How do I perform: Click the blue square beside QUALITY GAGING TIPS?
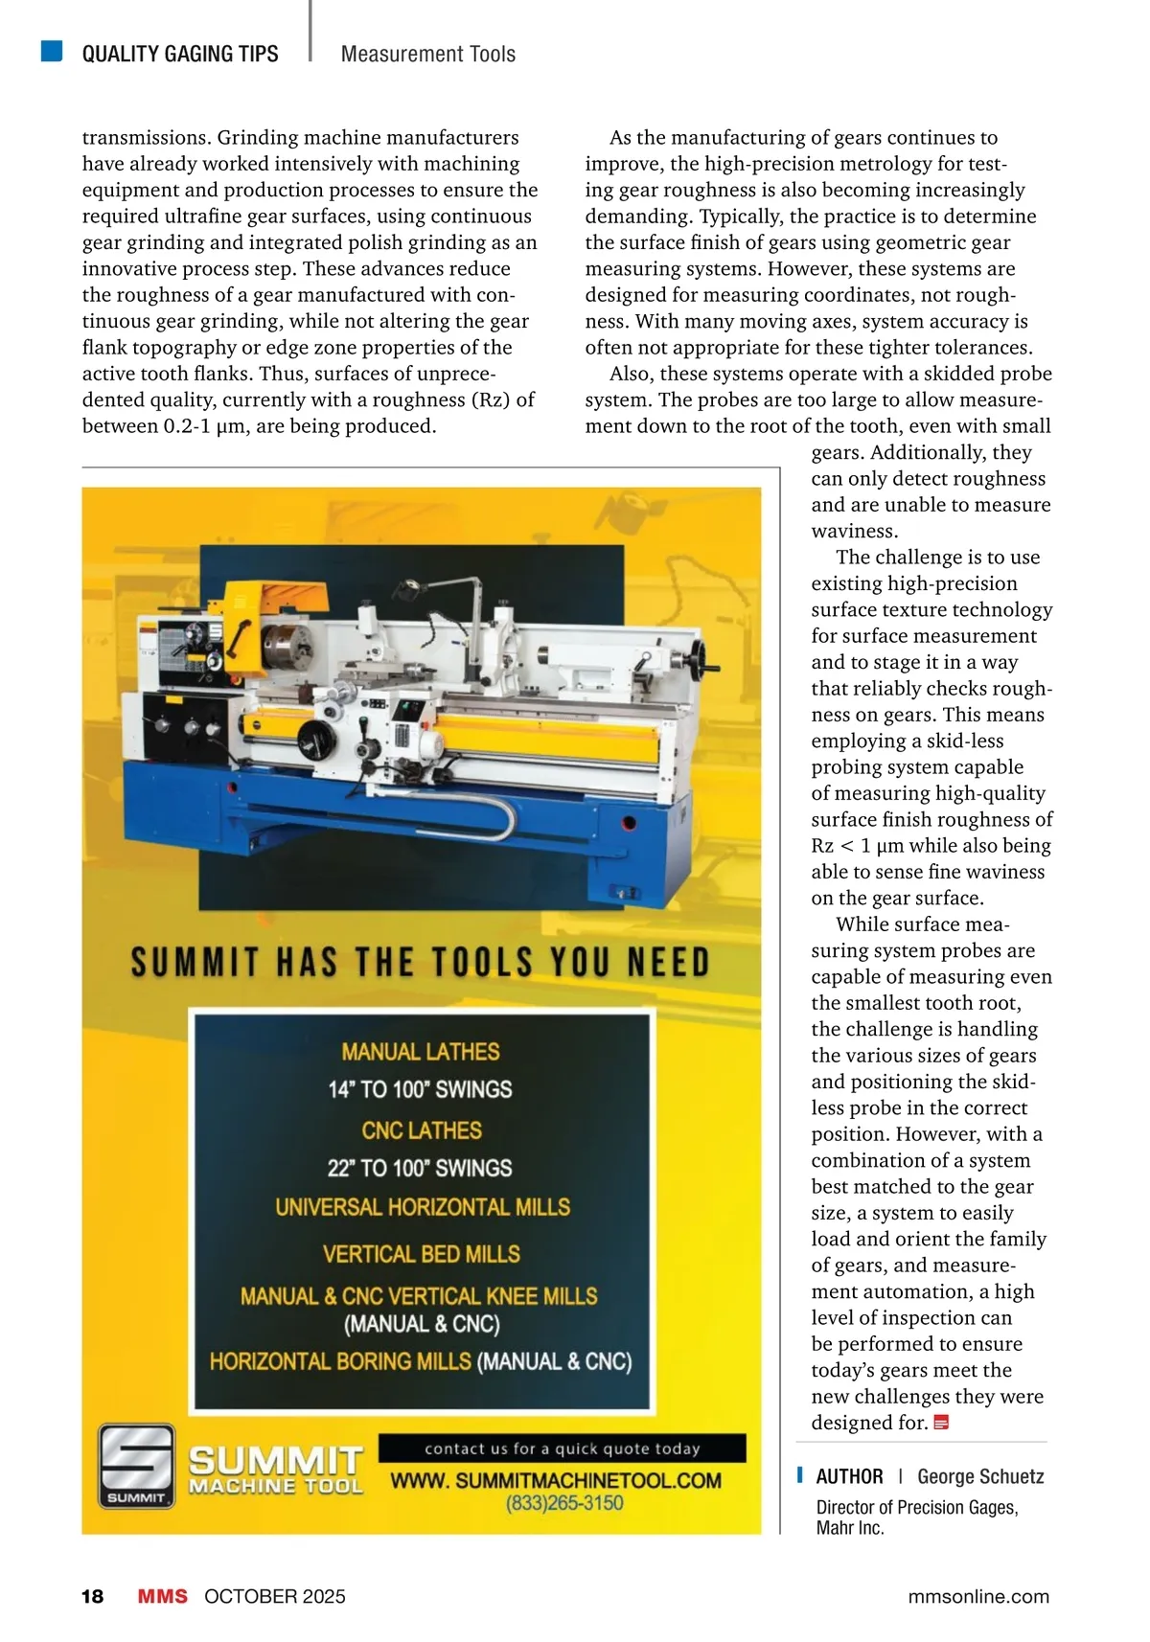point(52,51)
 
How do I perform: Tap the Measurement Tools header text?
point(427,55)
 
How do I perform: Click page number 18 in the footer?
point(92,1596)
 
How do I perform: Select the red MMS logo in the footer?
point(163,1596)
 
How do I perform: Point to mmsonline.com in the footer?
point(977,1596)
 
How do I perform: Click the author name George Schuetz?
point(980,1476)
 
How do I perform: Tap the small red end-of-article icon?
point(941,1423)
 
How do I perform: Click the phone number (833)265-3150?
point(564,1503)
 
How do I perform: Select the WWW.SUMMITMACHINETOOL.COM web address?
point(556,1480)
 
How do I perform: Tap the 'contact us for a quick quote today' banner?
point(562,1448)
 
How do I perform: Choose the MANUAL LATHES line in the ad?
point(421,1052)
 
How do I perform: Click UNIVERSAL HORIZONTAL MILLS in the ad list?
point(423,1207)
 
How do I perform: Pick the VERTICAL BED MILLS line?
point(422,1254)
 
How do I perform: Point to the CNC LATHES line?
point(422,1130)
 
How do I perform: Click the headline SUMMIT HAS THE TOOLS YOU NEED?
point(420,963)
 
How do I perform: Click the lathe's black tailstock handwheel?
point(707,658)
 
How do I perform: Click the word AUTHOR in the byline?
point(849,1476)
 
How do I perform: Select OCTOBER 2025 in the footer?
point(274,1596)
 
